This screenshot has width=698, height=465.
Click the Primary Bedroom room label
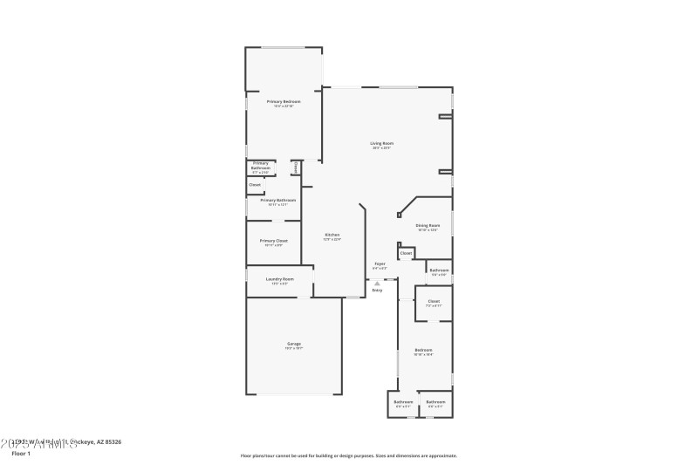284,101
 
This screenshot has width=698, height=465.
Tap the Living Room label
381,143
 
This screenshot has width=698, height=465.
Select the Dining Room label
428,225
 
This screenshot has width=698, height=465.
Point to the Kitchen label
332,235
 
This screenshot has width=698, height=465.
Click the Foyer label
380,263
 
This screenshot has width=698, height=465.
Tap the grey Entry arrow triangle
377,284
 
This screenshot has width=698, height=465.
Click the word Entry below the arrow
377,291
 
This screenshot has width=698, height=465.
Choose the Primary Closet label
273,241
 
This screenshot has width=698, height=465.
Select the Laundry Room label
279,279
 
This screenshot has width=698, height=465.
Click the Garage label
294,344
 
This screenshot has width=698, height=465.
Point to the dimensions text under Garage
294,348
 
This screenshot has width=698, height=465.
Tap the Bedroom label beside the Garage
423,350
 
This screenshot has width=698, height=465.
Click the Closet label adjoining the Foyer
406,253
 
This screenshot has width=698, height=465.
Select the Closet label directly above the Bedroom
434,301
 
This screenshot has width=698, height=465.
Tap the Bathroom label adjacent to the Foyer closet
439,270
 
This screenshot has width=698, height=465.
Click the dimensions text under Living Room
381,148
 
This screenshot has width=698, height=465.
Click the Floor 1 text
20,454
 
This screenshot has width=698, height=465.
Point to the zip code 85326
111,442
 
